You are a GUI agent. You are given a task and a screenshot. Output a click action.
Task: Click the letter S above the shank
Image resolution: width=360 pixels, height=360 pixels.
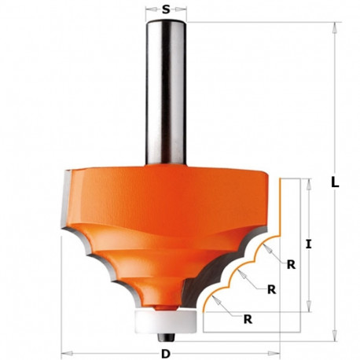[x=167, y=10]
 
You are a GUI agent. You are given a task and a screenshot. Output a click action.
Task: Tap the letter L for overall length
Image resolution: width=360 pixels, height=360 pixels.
[x=336, y=182]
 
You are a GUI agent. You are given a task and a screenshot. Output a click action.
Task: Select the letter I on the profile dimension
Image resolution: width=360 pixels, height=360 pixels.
[x=309, y=244]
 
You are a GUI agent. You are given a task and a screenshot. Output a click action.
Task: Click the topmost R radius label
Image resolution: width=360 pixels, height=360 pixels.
[x=292, y=264]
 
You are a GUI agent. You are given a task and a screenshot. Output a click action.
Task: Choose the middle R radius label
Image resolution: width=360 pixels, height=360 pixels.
[x=271, y=289]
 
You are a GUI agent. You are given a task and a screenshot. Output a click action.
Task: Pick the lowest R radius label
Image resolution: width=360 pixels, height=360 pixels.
[x=249, y=319]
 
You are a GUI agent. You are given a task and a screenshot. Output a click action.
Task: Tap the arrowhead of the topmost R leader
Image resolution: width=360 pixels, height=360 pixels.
[x=266, y=244]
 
